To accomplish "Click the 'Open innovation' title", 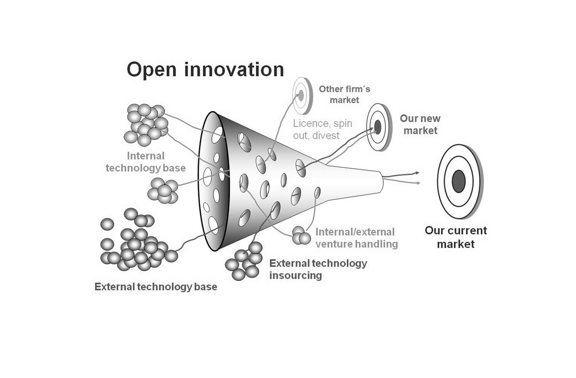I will [x=205, y=69].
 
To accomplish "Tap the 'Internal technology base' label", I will [x=146, y=162].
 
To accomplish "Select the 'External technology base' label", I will [x=156, y=287].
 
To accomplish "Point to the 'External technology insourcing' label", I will [x=318, y=269].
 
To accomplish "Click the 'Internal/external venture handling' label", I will [x=357, y=238].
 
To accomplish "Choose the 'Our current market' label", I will [x=456, y=237].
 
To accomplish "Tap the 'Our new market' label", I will [x=420, y=124].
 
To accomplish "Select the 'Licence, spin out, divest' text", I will [x=322, y=129].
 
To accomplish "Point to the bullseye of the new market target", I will [x=378, y=127].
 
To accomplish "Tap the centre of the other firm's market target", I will [x=301, y=96].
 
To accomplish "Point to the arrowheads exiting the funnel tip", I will [x=416, y=177].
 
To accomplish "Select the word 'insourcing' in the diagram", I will [x=296, y=275].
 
